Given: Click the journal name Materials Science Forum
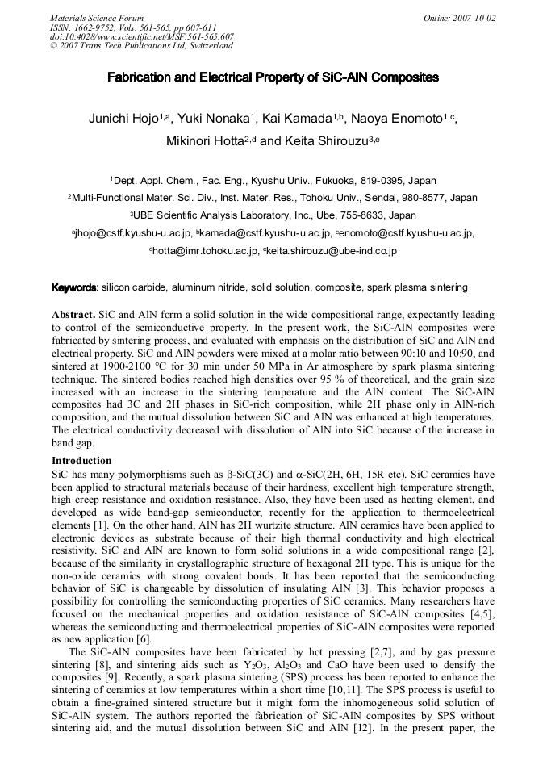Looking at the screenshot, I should pos(97,18).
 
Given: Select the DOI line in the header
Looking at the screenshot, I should pos(142,36).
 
